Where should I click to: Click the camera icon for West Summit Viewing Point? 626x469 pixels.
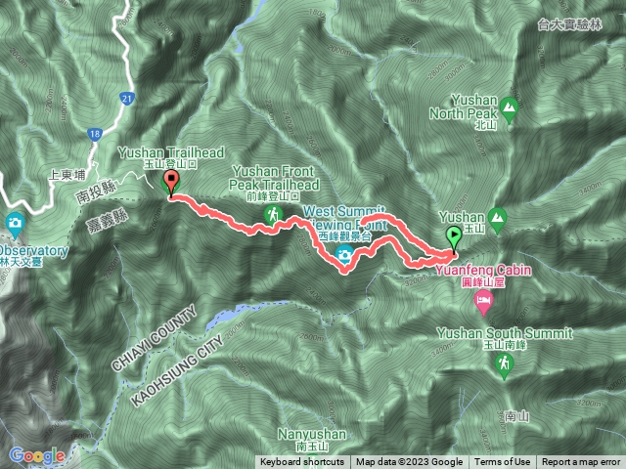[343, 255]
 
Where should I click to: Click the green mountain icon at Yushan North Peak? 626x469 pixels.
[508, 106]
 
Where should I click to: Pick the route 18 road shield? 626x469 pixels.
[94, 133]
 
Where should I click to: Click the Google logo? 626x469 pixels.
[37, 455]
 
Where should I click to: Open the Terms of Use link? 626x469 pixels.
[503, 462]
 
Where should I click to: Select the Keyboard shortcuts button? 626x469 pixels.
[302, 462]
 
